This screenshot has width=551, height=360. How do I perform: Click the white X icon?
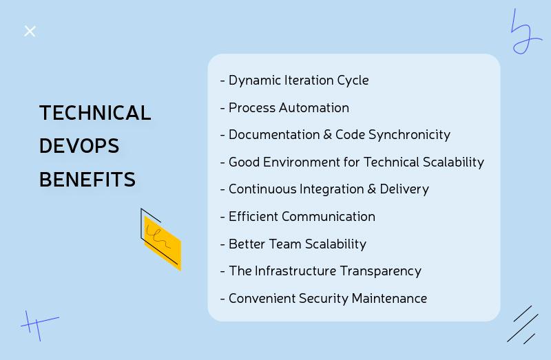30,31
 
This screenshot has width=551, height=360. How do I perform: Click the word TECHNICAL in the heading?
95,113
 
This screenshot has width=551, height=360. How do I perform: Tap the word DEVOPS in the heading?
79,146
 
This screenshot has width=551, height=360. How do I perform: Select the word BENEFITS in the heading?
87,180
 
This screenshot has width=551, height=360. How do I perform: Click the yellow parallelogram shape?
163,243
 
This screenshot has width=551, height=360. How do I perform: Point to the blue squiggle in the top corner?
525,33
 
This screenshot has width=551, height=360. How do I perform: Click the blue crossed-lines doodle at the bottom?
39,325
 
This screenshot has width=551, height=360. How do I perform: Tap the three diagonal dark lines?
523,325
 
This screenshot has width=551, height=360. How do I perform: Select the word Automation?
314,107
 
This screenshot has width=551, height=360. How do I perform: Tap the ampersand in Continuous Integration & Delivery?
372,189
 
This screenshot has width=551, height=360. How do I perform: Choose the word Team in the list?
285,244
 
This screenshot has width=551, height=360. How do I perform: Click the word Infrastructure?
295,271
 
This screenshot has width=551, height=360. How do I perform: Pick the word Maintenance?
389,298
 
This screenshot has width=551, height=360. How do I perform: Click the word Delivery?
404,189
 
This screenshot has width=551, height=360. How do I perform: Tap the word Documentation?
274,134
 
